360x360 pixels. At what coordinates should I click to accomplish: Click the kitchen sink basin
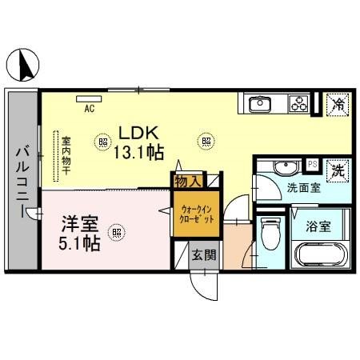pyautogui.click(x=260, y=104)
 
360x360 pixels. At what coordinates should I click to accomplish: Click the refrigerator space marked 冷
pyautogui.click(x=339, y=103)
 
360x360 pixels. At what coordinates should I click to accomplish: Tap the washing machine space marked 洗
pyautogui.click(x=339, y=170)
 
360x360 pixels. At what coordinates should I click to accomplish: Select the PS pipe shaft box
pyautogui.click(x=313, y=164)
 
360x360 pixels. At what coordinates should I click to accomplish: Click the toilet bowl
pyautogui.click(x=270, y=237)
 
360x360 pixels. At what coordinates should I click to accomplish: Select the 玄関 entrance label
pyautogui.click(x=203, y=255)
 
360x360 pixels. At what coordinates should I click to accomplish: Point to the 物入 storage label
pyautogui.click(x=189, y=182)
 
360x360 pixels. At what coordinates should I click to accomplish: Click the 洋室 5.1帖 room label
pyautogui.click(x=80, y=232)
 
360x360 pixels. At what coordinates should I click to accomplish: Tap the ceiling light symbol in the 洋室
pyautogui.click(x=117, y=234)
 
